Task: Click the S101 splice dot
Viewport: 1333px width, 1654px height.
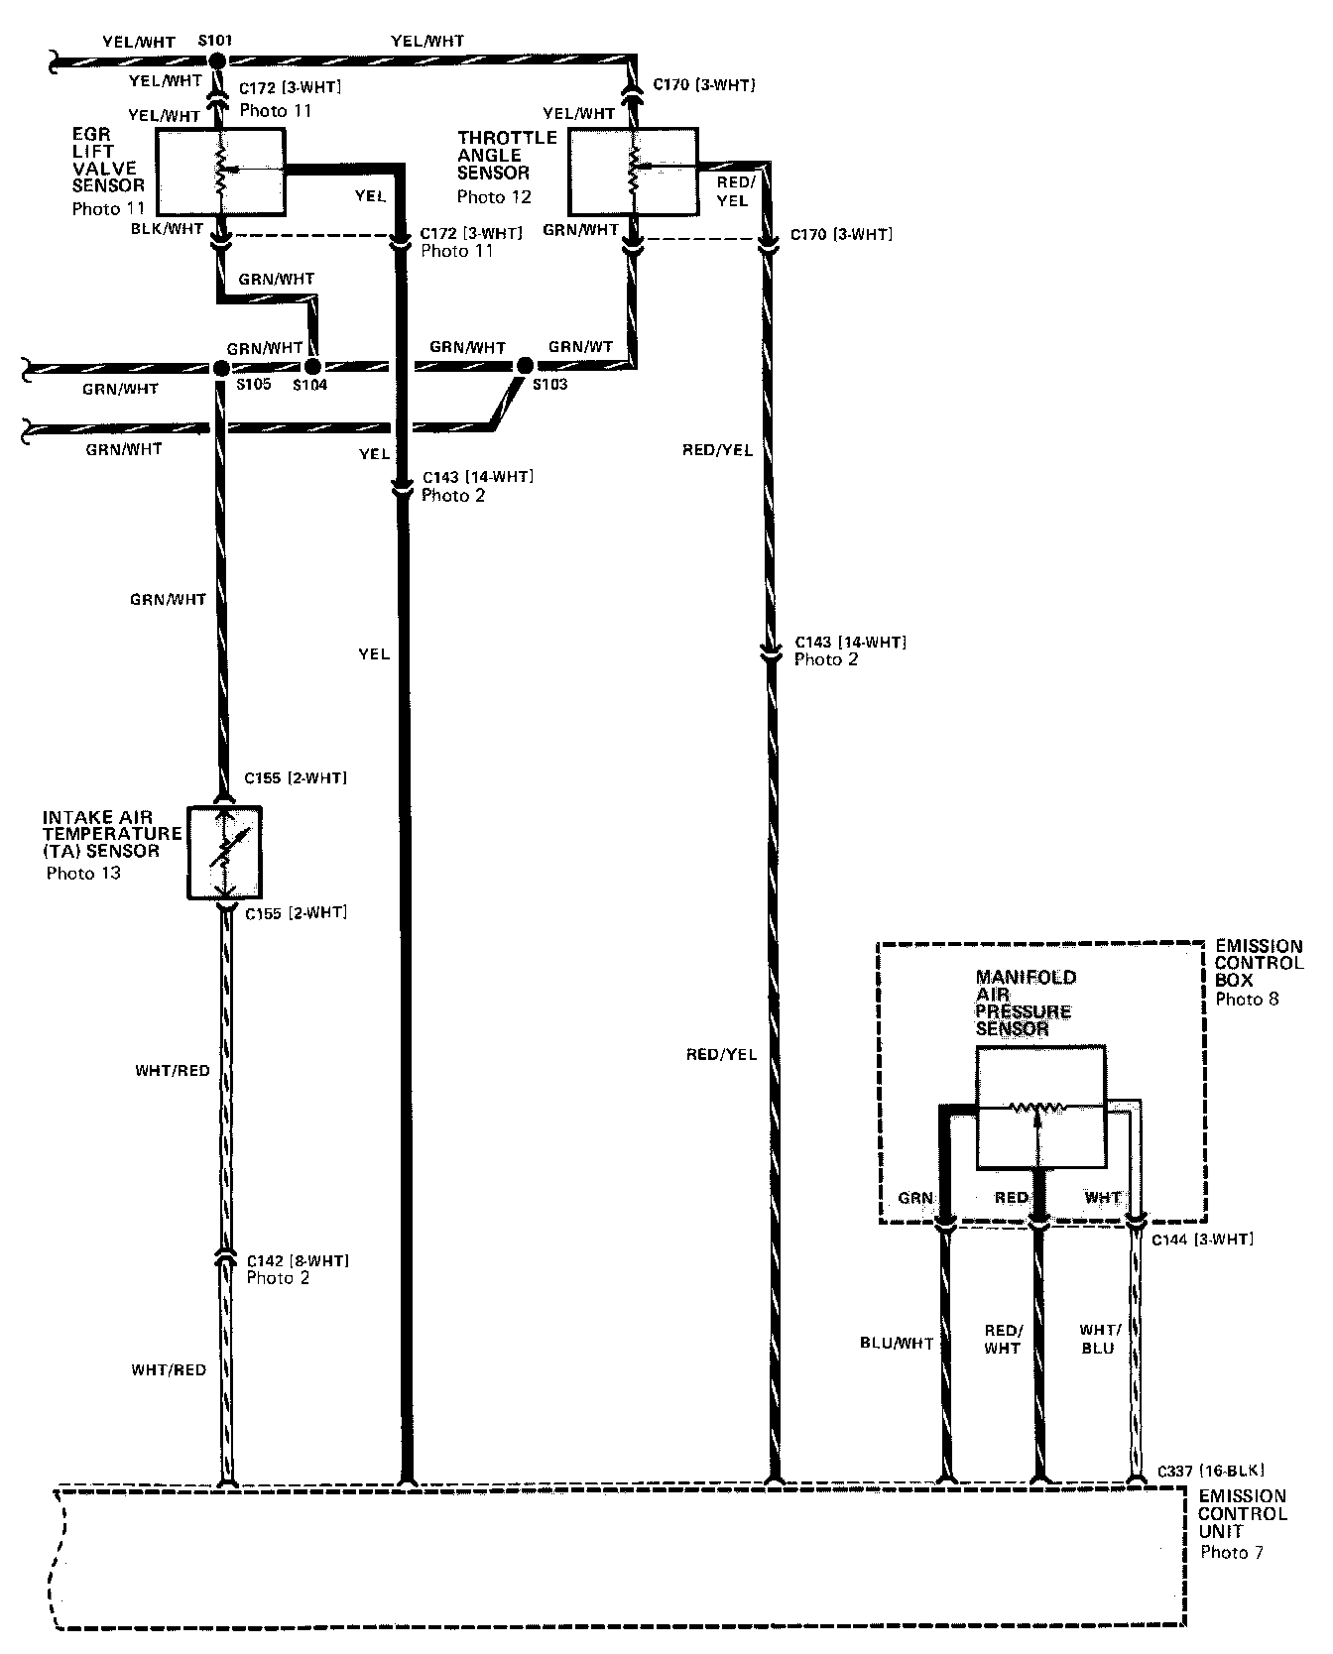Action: pyautogui.click(x=218, y=61)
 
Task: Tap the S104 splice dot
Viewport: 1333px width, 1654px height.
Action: pyautogui.click(x=312, y=368)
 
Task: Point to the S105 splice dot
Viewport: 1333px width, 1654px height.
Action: pyautogui.click(x=220, y=368)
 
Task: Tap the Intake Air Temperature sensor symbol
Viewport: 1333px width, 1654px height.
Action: pyautogui.click(x=225, y=852)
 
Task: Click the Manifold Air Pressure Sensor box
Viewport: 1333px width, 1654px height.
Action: pyautogui.click(x=1040, y=1107)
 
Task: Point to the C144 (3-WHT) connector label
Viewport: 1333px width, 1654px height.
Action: pyautogui.click(x=1202, y=1240)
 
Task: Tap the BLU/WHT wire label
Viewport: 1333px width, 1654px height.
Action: pyautogui.click(x=897, y=1344)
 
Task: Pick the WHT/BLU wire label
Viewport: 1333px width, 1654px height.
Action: pyautogui.click(x=1100, y=1339)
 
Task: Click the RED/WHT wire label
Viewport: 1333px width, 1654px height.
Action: pyautogui.click(x=1002, y=1339)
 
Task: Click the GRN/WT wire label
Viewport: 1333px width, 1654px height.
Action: pyautogui.click(x=580, y=347)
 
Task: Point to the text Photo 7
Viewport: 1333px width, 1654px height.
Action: pyautogui.click(x=1231, y=1553)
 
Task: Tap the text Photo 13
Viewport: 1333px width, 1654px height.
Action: pyautogui.click(x=83, y=874)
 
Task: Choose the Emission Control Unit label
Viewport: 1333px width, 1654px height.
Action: pyautogui.click(x=1242, y=1514)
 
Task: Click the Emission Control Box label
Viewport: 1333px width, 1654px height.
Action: pyautogui.click(x=1258, y=964)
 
